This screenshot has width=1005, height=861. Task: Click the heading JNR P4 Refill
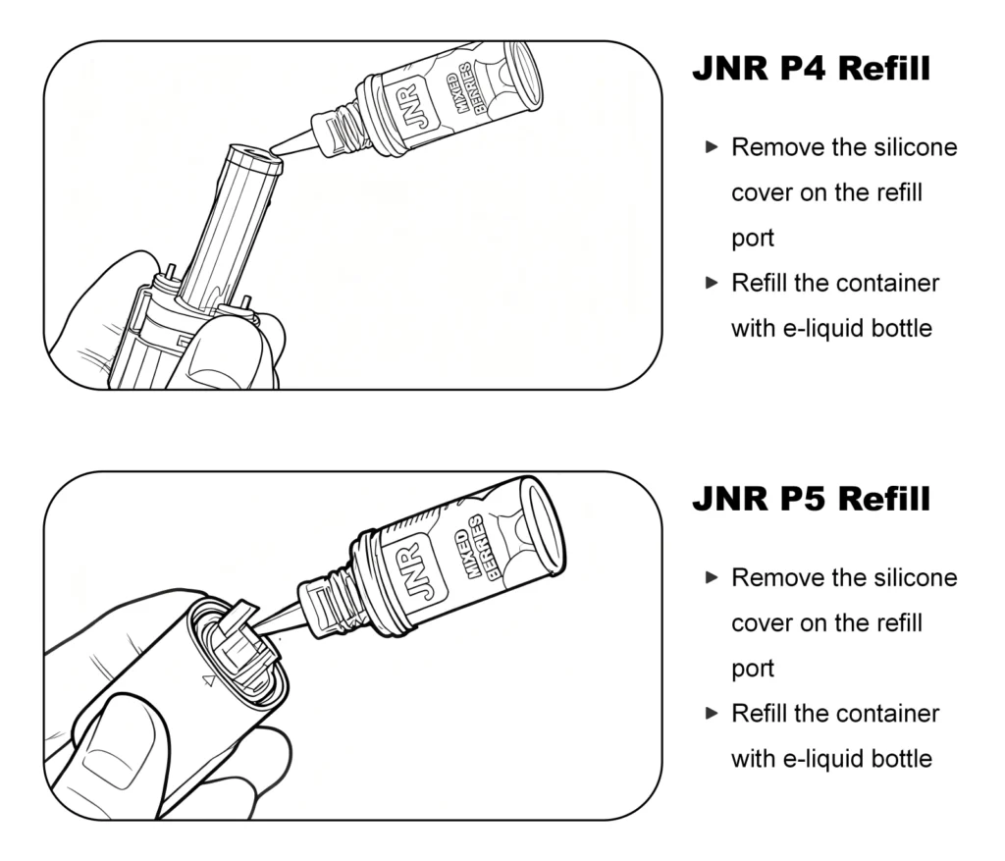click(x=811, y=69)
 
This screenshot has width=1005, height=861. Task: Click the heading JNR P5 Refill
click(x=811, y=499)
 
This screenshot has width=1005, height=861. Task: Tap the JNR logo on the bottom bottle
click(x=417, y=568)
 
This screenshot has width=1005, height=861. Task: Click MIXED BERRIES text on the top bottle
click(x=461, y=91)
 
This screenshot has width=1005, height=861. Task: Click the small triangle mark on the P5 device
click(x=207, y=679)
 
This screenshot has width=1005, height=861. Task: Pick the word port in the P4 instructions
click(x=752, y=239)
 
